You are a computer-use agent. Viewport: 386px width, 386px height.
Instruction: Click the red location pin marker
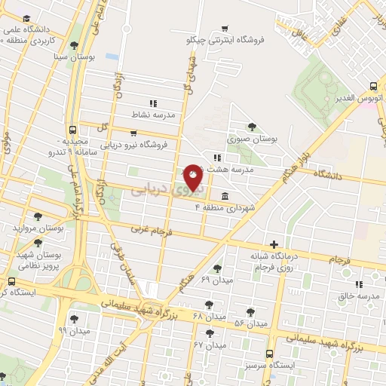[194, 177]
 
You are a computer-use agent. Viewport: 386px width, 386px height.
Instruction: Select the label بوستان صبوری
[253, 139]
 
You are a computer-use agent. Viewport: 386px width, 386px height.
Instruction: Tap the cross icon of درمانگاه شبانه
[274, 244]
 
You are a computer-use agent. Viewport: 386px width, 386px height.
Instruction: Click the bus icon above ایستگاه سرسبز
[269, 353]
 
